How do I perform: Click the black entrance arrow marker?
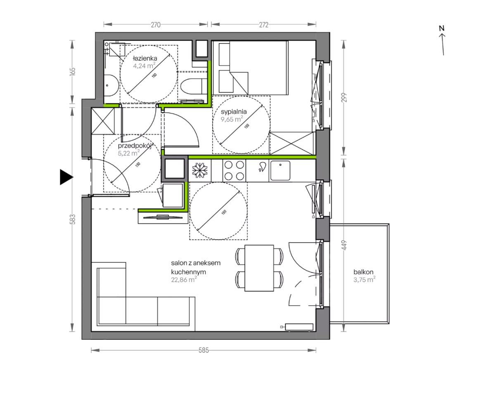(x=66, y=177)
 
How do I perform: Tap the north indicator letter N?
(x=441, y=28)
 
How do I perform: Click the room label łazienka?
(x=145, y=58)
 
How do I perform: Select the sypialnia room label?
(x=234, y=112)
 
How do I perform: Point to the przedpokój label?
(x=135, y=146)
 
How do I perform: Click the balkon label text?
(x=363, y=272)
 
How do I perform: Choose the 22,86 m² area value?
(x=184, y=280)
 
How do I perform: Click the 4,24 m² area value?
(x=144, y=66)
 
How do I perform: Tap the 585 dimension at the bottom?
(x=204, y=350)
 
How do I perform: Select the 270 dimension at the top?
(x=156, y=25)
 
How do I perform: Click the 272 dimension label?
(x=264, y=25)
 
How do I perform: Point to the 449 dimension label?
(x=344, y=245)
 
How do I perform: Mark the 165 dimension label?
(x=72, y=71)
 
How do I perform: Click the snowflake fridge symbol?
(x=200, y=170)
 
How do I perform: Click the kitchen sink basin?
(x=280, y=170)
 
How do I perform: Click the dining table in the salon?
(x=259, y=268)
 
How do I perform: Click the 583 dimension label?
(x=72, y=219)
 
